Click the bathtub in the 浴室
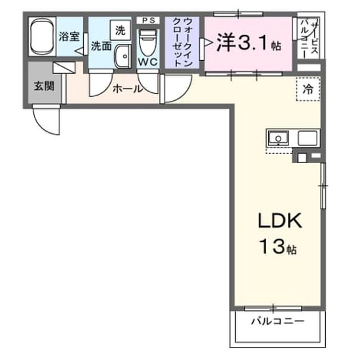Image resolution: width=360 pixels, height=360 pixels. (x=42, y=37)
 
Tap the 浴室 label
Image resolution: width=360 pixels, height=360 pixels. (x=69, y=37)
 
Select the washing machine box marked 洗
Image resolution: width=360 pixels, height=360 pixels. (x=120, y=30)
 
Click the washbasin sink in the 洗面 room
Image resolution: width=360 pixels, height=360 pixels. (x=123, y=56)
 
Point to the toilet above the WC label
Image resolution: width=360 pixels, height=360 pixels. (x=148, y=43)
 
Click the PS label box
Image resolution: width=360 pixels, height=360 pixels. (x=148, y=20)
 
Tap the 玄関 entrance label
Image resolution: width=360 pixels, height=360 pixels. (x=44, y=86)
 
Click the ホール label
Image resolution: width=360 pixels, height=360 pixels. (x=128, y=89)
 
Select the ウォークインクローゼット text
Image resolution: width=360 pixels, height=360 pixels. (x=182, y=43)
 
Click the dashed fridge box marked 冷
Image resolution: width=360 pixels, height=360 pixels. (x=308, y=89)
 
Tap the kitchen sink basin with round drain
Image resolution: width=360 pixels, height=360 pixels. (x=278, y=138)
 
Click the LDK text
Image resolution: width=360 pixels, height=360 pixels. (x=280, y=220)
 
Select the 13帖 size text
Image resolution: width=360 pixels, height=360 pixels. (x=278, y=246)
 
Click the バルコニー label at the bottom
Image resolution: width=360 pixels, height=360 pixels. (x=277, y=321)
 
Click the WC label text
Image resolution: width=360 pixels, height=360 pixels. (x=148, y=62)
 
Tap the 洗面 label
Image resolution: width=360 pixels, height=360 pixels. (x=101, y=46)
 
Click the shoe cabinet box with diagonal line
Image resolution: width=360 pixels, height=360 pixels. (x=64, y=67)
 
